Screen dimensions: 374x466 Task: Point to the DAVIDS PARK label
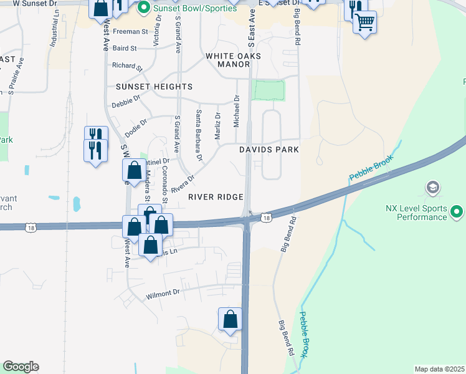(269, 150)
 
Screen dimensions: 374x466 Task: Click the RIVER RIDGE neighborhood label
(216, 197)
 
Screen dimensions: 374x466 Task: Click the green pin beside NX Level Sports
(458, 213)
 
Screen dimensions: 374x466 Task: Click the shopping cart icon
(364, 22)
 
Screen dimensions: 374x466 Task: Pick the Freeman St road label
(130, 31)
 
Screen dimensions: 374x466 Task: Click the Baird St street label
(125, 47)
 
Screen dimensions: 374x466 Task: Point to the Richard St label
(127, 65)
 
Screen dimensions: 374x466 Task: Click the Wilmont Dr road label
(163, 293)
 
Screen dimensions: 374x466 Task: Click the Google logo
(21, 367)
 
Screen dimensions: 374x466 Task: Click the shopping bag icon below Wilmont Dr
(230, 319)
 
